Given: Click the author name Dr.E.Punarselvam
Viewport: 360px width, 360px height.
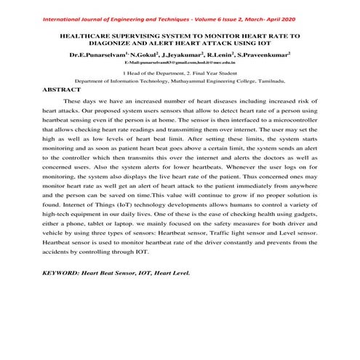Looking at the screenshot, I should [x=95, y=55].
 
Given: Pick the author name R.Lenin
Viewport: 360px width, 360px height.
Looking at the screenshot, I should [x=225, y=55].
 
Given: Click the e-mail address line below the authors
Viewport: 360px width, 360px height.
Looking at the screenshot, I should [x=180, y=64].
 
